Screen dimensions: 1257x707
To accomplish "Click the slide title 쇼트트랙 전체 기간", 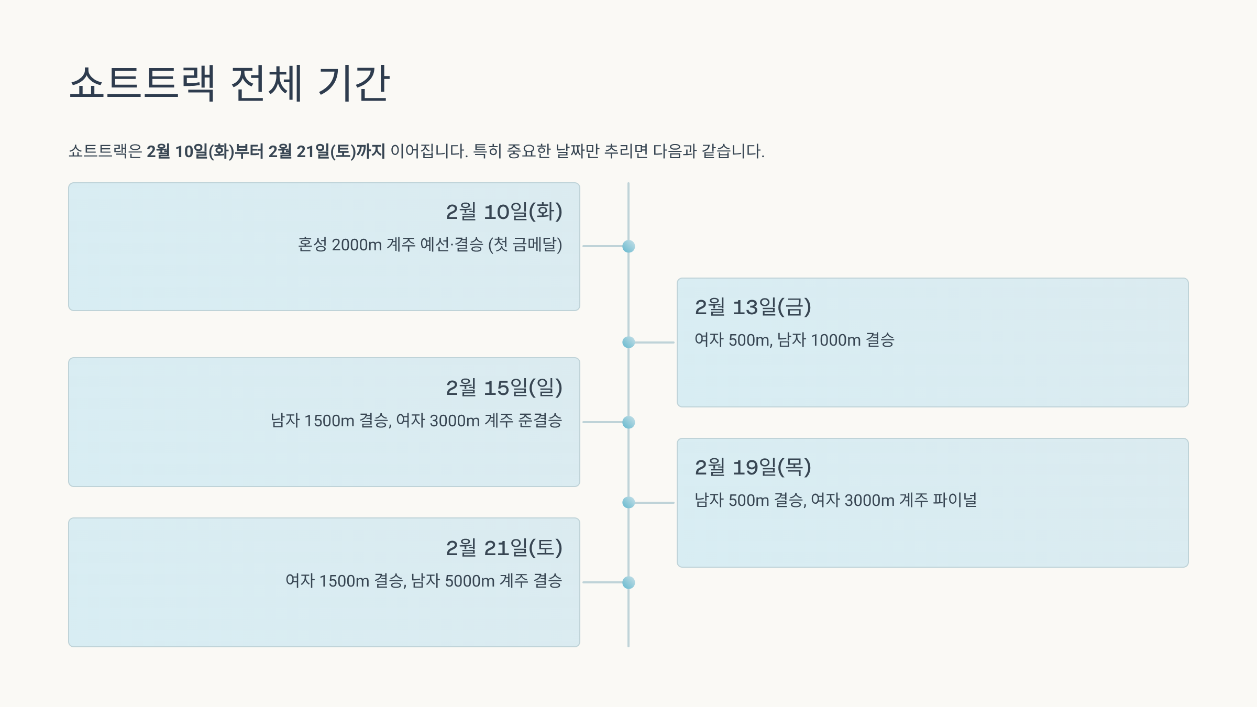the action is point(229,83).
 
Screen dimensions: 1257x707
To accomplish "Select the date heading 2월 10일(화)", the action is point(504,212).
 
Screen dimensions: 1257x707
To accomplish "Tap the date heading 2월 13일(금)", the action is point(753,307).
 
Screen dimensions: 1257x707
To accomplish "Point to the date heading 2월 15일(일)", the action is point(504,388).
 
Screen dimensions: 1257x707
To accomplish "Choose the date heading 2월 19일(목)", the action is point(753,468).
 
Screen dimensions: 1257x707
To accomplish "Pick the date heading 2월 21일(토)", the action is point(504,548).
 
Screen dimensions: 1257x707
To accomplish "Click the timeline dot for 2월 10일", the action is point(629,246).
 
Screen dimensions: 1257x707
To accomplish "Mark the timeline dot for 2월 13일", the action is point(629,343).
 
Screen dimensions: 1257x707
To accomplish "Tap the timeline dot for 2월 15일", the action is point(629,422).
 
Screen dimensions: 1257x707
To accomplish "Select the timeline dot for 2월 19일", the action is point(629,503).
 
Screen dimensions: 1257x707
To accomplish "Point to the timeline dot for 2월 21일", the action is point(629,582).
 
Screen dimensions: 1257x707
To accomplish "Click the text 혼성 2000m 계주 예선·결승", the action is point(390,245).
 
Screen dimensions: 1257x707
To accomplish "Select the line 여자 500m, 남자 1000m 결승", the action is point(794,340).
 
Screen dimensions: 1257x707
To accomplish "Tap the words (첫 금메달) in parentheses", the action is point(525,245).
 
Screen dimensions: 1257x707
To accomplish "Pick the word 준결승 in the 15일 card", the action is point(540,421).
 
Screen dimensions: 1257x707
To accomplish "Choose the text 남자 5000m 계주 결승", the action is point(487,581).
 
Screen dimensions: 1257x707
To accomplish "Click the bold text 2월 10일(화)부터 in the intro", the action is point(205,151).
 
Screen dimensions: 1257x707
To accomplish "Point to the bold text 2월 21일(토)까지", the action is point(327,151).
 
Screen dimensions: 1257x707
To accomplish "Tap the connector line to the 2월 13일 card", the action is point(654,343).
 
